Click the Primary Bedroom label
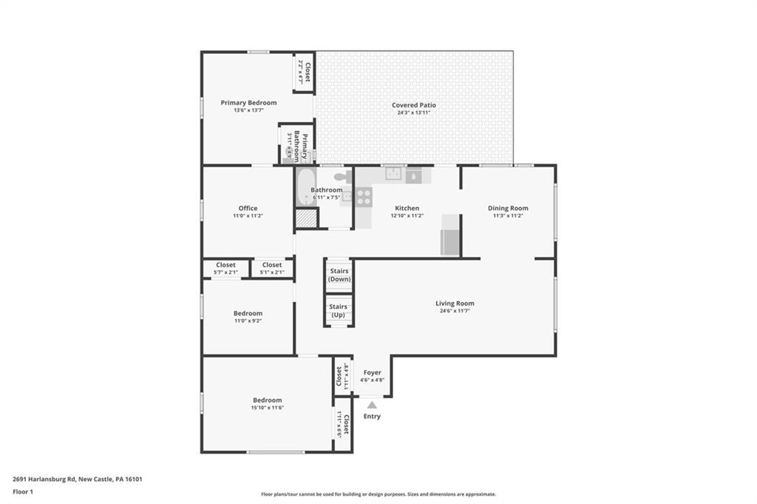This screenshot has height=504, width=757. click(x=248, y=103)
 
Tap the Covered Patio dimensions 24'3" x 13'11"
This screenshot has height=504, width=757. click(x=413, y=112)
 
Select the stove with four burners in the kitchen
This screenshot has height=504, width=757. click(x=364, y=196)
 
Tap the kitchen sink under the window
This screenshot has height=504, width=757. click(x=394, y=175)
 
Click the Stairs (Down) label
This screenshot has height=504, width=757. click(x=339, y=275)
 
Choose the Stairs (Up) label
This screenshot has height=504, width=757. click(x=339, y=311)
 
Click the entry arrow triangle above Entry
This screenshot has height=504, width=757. click(x=372, y=405)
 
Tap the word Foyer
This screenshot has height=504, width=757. click(x=372, y=373)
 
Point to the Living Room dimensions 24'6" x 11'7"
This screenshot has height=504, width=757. click(x=455, y=311)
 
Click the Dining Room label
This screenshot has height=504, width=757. click(x=507, y=208)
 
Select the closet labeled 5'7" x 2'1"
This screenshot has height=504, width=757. click(x=225, y=268)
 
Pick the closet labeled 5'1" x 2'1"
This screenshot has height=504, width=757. click(x=271, y=268)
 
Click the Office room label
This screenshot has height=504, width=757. click(x=248, y=208)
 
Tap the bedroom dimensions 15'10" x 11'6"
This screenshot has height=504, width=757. click(x=267, y=408)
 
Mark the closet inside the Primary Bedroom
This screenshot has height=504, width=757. click(x=304, y=72)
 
